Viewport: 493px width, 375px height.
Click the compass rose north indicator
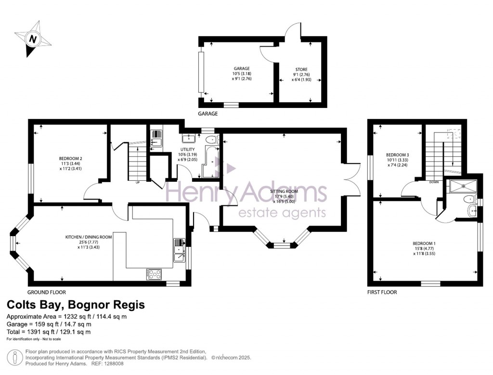pos(33,39)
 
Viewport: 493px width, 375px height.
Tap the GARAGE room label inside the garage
pos(241,69)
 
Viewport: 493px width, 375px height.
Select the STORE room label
pos(301,69)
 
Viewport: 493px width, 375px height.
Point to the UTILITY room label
pos(188,149)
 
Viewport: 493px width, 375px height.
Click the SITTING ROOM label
pos(284,191)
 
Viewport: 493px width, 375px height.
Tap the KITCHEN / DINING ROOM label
pos(89,237)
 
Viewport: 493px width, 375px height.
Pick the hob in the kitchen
pos(154,274)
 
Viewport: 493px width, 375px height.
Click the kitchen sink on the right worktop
pos(179,250)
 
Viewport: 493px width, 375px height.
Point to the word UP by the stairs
pos(138,182)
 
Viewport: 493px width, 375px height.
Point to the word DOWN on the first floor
pos(434,182)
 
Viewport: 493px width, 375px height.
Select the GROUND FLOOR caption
pos(47,292)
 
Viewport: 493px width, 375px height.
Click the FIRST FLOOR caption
pos(381,292)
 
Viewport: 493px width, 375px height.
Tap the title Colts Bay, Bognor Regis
pos(75,305)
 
